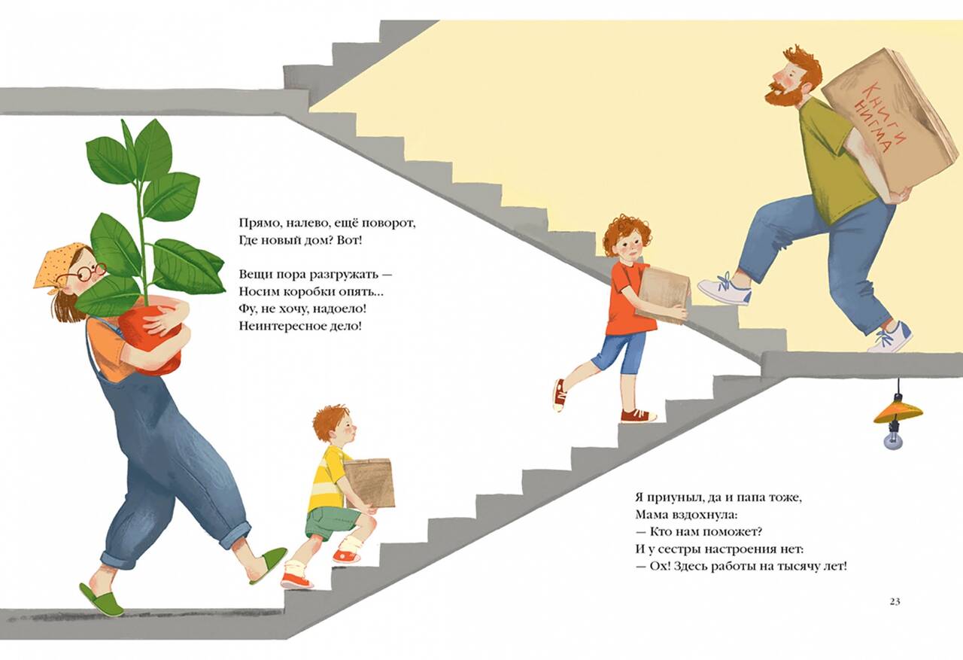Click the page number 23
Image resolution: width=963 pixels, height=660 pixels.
(895, 601)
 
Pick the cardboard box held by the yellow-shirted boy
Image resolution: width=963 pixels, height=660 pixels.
(369, 483)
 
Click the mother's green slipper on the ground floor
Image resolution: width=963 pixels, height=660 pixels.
(102, 598)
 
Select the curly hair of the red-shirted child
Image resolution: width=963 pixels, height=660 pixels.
(627, 233)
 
